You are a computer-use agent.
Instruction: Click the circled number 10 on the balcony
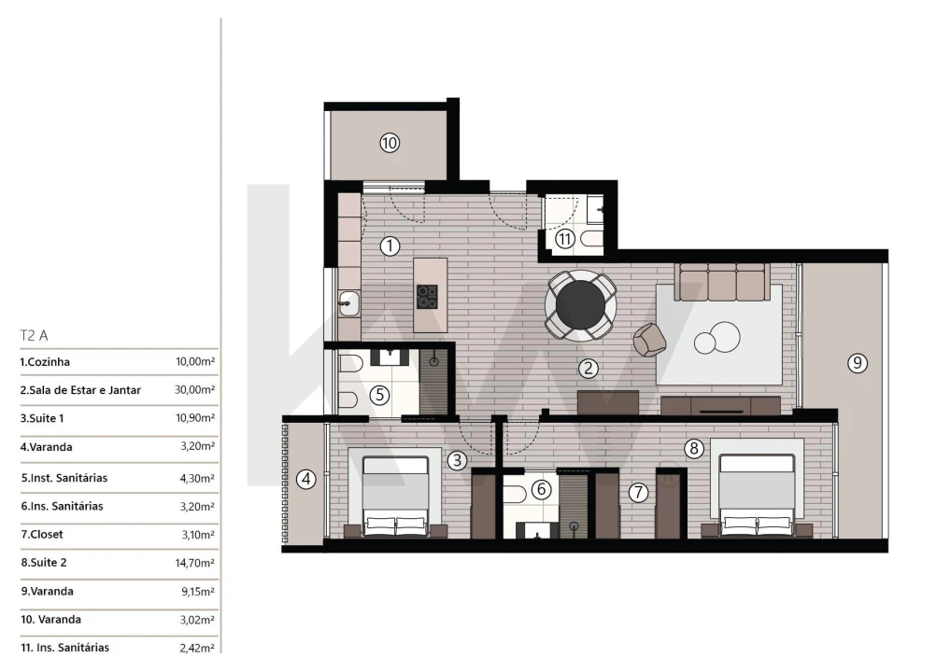[390, 143]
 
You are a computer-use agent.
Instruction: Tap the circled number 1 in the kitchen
[390, 246]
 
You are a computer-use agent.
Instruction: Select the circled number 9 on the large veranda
[857, 363]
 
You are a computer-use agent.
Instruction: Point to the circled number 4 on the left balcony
[305, 480]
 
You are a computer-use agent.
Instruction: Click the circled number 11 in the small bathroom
[564, 239]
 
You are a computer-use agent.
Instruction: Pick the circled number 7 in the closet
[638, 492]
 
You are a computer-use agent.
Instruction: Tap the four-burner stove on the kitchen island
[427, 297]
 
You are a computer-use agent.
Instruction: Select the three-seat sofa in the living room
[721, 281]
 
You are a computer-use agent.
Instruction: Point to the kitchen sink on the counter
[349, 301]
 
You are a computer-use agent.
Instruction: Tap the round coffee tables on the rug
[717, 338]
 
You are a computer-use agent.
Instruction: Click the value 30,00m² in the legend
[195, 390]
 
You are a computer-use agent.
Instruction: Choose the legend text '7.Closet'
[42, 535]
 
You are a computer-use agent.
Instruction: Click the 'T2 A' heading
[34, 334]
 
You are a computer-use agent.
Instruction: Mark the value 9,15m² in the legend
[198, 592]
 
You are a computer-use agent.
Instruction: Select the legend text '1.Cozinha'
[45, 362]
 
